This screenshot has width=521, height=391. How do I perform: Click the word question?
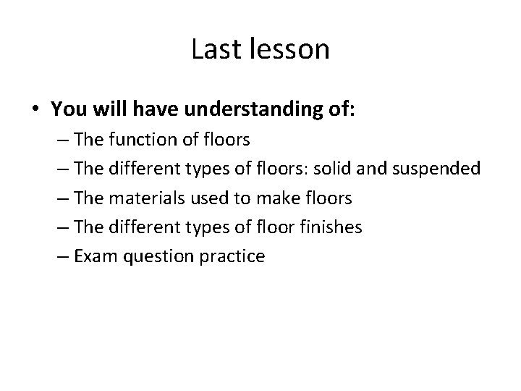pos(161,256)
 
